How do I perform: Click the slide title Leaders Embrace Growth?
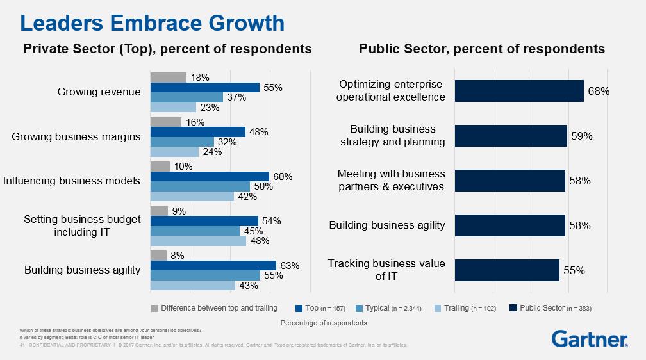click(x=153, y=24)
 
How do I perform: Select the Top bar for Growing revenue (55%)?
click(x=204, y=87)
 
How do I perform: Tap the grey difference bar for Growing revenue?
click(x=168, y=78)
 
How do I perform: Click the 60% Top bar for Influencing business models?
click(x=210, y=177)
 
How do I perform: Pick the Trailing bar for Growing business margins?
click(x=174, y=152)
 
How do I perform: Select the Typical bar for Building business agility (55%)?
click(x=205, y=275)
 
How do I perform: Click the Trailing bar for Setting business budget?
click(x=198, y=241)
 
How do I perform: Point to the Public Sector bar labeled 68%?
click(x=519, y=91)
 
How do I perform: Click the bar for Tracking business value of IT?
click(x=507, y=270)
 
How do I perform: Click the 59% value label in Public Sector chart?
click(x=581, y=136)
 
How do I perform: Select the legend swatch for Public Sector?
click(x=513, y=308)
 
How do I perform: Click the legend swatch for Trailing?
click(x=438, y=308)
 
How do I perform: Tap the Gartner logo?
click(x=590, y=339)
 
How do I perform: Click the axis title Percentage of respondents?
click(x=324, y=323)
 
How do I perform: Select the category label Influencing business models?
click(x=72, y=181)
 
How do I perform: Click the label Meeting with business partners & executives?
click(x=391, y=181)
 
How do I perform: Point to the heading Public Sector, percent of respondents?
click(x=482, y=49)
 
